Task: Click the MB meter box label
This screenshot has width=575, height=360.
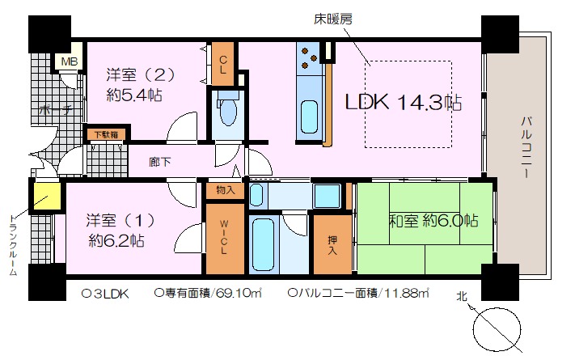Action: tap(69, 61)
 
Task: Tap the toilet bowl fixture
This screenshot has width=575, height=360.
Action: tap(227, 111)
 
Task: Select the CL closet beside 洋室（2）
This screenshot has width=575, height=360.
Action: tap(223, 64)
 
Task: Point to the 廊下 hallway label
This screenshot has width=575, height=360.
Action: tap(160, 162)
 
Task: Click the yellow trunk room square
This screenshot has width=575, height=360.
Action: tap(47, 196)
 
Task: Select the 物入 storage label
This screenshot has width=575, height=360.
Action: tap(225, 190)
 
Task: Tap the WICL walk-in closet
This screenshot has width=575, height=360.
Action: tap(225, 239)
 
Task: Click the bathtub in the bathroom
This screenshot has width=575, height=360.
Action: tap(264, 244)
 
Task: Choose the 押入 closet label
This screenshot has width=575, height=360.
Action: tap(332, 245)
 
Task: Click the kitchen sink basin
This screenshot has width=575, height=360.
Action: tap(310, 117)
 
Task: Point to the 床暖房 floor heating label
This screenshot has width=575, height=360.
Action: tap(333, 19)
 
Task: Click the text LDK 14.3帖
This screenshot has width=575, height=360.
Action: tap(404, 102)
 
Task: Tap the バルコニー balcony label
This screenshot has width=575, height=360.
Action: tap(526, 146)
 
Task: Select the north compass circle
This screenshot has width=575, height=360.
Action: tap(497, 328)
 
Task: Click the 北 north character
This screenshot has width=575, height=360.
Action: tap(462, 296)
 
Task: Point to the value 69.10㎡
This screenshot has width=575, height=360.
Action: tap(239, 293)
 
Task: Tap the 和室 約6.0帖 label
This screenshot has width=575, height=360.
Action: tap(433, 221)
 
